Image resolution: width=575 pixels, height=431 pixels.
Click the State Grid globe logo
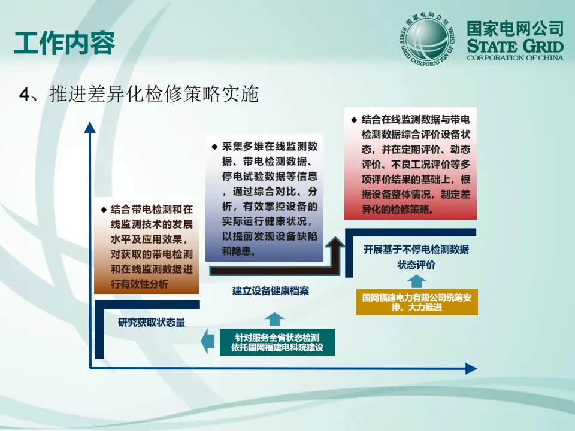click(x=426, y=39)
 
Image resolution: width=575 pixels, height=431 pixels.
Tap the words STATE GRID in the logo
click(x=515, y=46)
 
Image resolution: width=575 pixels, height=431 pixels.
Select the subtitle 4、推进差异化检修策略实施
click(x=139, y=94)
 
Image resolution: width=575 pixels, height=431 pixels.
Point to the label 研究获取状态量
click(x=152, y=322)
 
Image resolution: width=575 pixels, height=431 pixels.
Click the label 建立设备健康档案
click(x=271, y=292)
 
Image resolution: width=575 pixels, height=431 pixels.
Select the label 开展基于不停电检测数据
click(x=416, y=250)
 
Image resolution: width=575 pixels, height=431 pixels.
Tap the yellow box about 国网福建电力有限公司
click(x=417, y=302)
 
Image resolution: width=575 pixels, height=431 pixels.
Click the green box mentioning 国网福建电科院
click(x=277, y=342)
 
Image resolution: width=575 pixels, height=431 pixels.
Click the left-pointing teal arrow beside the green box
click(x=207, y=341)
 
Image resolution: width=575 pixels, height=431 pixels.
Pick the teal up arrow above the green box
click(x=275, y=318)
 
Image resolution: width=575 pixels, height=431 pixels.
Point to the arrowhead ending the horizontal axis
click(x=471, y=369)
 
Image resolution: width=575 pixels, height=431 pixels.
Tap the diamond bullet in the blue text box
click(x=214, y=147)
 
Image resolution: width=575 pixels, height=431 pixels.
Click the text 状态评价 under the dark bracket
click(x=416, y=265)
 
